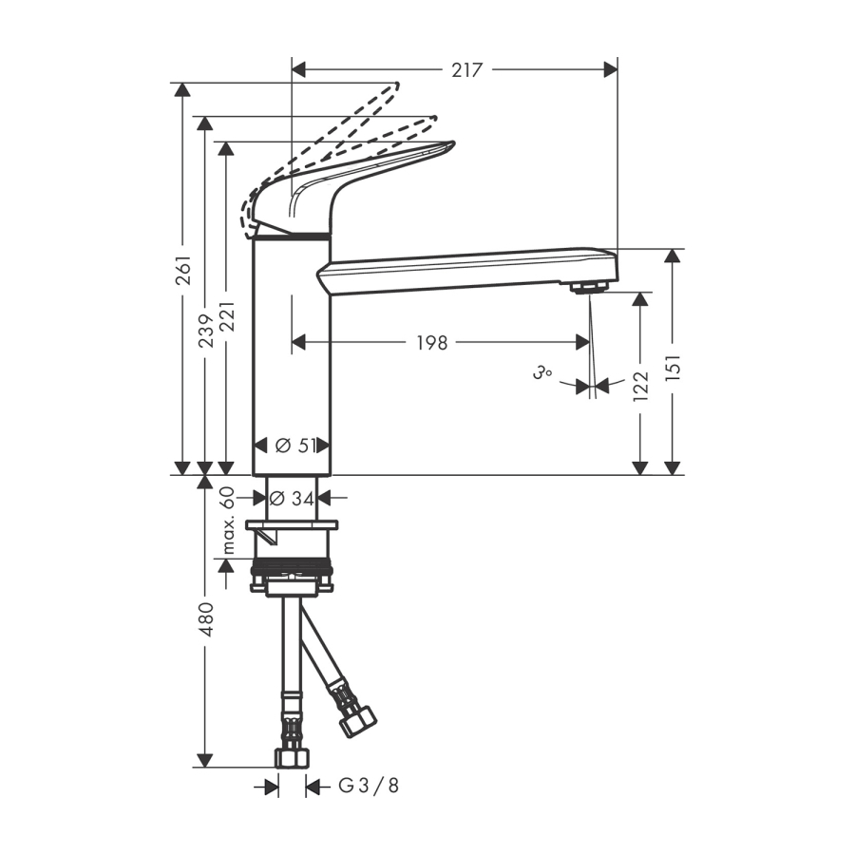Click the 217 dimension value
[467, 69]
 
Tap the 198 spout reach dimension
[432, 343]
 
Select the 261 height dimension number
[184, 270]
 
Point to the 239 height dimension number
[205, 331]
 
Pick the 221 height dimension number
[226, 316]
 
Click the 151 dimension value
[674, 367]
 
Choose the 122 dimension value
[640, 387]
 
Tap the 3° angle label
[541, 373]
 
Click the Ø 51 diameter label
[295, 446]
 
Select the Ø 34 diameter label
[293, 498]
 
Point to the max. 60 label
[228, 521]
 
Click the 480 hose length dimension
[206, 619]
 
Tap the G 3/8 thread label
[370, 786]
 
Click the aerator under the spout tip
[588, 286]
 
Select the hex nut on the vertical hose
[292, 758]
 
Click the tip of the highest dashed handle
[397, 85]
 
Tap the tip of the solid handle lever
[452, 142]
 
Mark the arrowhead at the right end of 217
[611, 69]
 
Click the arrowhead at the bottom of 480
[205, 760]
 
